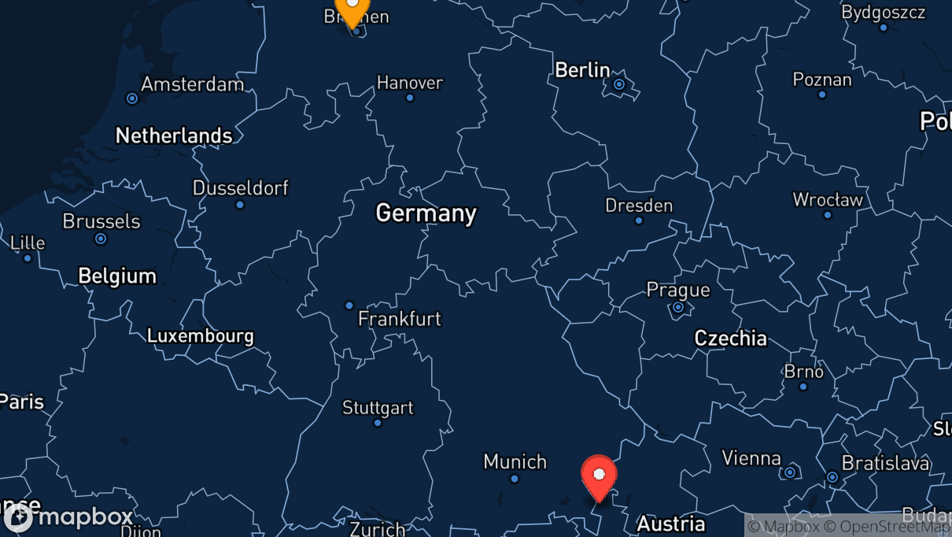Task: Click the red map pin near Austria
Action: [x=599, y=475]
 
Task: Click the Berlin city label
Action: [x=582, y=70]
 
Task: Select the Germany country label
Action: [x=426, y=213]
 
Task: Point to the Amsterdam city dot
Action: [x=132, y=98]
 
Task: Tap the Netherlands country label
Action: [x=174, y=135]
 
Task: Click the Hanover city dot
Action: [x=410, y=98]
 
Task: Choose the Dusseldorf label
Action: [x=241, y=188]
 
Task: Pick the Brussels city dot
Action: [x=101, y=239]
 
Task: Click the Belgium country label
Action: [x=117, y=276]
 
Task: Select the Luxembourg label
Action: [x=201, y=336]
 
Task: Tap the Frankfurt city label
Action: [x=400, y=319]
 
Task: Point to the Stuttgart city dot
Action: [x=378, y=423]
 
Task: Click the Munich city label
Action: [x=515, y=461]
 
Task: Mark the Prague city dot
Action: [x=678, y=307]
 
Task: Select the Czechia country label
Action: [x=730, y=339]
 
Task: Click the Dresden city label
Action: [x=639, y=206]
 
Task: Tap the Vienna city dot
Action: [x=790, y=472]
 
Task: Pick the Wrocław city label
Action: [x=828, y=200]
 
